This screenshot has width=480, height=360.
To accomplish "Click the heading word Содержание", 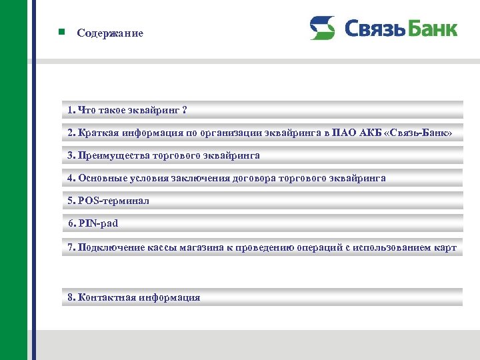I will pos(110,33).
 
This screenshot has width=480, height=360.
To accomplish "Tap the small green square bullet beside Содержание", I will pos(61,32).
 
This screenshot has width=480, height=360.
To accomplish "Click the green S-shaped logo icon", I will pos(322,28).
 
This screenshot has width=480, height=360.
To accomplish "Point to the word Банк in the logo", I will pos(433,29).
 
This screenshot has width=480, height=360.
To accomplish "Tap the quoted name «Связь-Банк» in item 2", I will pos(419,133).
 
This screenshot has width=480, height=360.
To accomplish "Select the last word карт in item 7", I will pos(445,247).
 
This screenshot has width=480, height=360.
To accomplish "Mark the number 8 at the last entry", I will pos(71,297).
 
